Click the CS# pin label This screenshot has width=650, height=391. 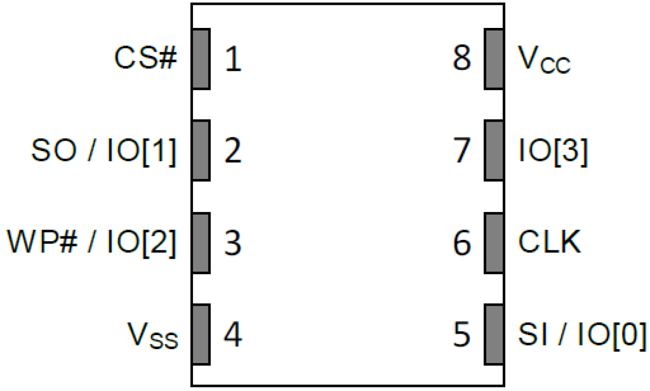(146, 59)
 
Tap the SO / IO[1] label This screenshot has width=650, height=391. (104, 151)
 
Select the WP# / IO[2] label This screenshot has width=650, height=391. (92, 243)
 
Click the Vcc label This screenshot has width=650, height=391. (544, 60)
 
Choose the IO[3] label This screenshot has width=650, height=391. (553, 151)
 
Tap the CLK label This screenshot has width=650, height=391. (550, 243)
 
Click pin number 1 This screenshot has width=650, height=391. (233, 59)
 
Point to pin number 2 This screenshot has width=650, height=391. (233, 151)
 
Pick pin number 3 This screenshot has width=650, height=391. (233, 243)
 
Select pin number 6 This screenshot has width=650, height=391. (461, 243)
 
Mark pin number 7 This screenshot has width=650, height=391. (461, 151)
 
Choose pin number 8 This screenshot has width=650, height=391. (461, 59)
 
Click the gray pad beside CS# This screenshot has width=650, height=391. (201, 59)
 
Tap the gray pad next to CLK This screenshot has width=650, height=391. (494, 243)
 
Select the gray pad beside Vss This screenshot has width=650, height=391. (201, 334)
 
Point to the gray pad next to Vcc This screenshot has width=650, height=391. (494, 59)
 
